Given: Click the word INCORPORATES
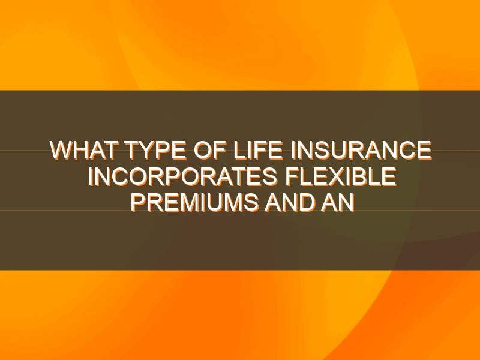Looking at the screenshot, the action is click(183, 176).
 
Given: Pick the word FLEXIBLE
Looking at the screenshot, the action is click(341, 176).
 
